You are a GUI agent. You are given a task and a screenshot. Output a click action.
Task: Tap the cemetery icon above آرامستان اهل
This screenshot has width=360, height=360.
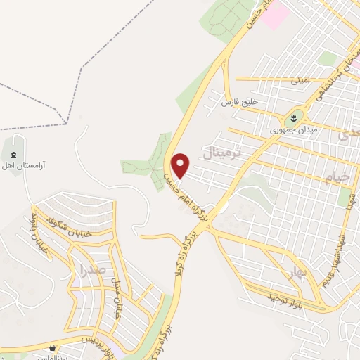coord(14,153)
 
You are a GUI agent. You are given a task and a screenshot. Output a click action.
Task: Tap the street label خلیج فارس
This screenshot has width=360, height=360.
coord(240,103)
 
